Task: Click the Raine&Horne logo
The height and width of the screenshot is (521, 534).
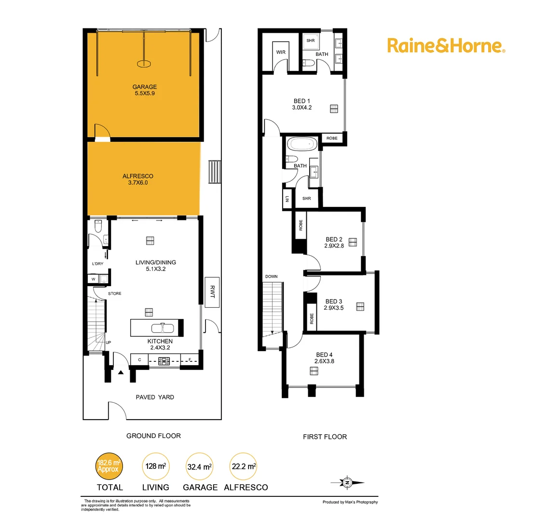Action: pos(446,46)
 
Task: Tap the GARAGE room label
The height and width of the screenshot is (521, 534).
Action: pos(144,90)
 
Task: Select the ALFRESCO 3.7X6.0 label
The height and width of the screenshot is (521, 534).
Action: pos(137,179)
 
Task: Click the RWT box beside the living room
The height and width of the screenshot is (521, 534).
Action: pos(211,293)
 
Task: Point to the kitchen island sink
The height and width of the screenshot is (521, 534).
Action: pos(163,328)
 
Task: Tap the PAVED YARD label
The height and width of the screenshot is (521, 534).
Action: pos(154,397)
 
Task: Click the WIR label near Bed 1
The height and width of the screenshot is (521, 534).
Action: pos(281,52)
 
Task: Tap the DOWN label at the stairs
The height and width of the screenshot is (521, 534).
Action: pos(271,276)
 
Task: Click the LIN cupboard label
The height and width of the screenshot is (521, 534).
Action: pos(287,199)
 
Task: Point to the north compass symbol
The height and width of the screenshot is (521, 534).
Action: pos(346,482)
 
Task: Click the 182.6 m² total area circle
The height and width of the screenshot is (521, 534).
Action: pos(110,466)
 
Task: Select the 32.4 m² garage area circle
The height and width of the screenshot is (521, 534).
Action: pos(199,466)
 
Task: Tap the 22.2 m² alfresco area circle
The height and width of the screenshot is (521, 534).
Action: pos(243,466)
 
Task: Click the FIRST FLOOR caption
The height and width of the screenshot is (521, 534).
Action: pos(325,437)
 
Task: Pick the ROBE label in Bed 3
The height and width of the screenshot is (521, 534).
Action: pos(312,319)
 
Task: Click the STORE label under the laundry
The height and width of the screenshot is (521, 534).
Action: pos(114,293)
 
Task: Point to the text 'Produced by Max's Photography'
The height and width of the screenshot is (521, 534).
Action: pos(350,502)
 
